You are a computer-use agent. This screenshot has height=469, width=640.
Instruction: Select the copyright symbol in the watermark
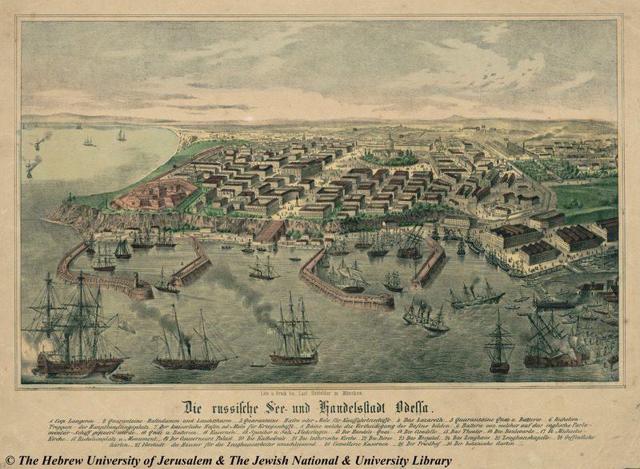9,461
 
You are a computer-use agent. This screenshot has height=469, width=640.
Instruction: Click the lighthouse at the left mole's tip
137,281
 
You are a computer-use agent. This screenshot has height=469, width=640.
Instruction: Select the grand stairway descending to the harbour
271,231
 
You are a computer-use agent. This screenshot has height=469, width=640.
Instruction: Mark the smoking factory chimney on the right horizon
527,147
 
